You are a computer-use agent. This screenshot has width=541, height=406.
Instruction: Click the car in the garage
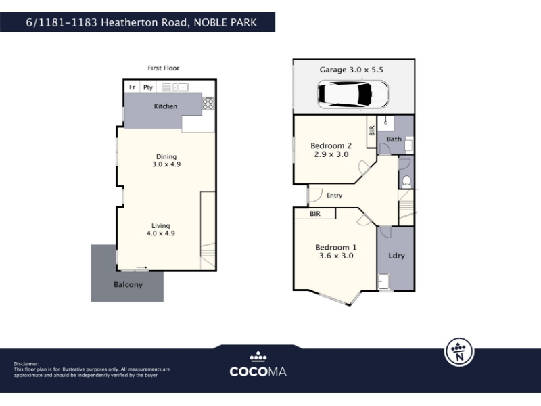353,94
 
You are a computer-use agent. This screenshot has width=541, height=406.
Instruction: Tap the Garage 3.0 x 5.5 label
351,70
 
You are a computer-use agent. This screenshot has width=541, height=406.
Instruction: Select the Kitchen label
165,106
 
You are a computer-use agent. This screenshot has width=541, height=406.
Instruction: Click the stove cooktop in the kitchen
208,104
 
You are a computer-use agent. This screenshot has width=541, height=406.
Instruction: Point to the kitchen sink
175,87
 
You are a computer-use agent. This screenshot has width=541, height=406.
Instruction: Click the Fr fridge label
132,87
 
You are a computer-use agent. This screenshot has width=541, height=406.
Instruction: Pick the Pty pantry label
148,87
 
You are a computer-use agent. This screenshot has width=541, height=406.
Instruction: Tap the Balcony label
128,285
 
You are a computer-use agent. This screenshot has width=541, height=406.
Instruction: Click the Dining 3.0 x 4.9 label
166,160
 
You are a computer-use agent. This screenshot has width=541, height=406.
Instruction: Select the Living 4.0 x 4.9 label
161,229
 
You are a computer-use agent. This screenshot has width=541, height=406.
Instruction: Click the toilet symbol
406,181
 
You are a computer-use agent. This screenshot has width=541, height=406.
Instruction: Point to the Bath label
394,139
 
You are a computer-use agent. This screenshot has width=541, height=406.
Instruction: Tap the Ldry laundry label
396,256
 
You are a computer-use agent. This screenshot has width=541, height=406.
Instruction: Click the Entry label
334,196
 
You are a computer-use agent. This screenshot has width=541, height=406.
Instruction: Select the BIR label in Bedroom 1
315,214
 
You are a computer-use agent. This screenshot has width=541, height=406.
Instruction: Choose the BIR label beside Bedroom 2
371,131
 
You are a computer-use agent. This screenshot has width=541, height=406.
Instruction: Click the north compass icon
459,352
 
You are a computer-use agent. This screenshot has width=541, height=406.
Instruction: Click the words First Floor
164,68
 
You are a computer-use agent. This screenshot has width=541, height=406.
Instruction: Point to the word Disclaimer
26,364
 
